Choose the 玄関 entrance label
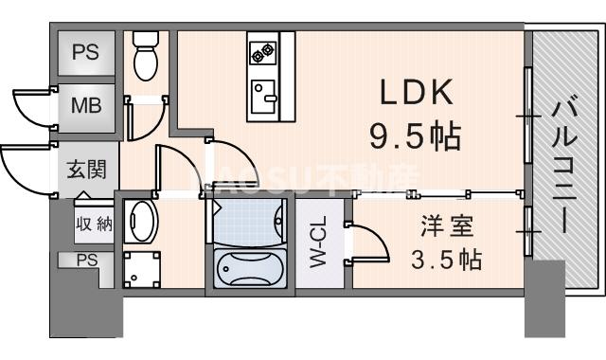[86, 171]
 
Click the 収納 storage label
[94, 225]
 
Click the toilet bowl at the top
[146, 61]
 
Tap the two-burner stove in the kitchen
[262, 49]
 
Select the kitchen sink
[262, 95]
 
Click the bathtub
[250, 270]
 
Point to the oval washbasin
[142, 220]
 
